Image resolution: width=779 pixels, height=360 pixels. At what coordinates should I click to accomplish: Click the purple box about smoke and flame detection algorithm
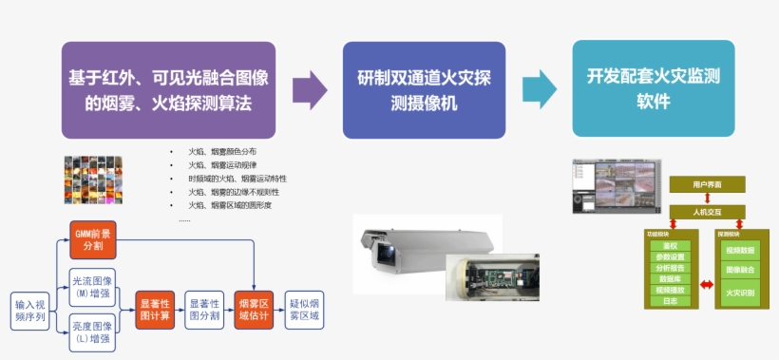pyautogui.click(x=168, y=90)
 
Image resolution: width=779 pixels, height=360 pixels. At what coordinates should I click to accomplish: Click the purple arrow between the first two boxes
pyautogui.click(x=310, y=90)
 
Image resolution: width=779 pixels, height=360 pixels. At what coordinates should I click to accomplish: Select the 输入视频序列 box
pyautogui.click(x=29, y=310)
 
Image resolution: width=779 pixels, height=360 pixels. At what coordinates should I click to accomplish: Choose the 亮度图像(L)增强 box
pyautogui.click(x=93, y=332)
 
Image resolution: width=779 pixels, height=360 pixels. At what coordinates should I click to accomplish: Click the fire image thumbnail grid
pyautogui.click(x=93, y=179)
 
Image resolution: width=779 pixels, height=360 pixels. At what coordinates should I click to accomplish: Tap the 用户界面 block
pyautogui.click(x=707, y=183)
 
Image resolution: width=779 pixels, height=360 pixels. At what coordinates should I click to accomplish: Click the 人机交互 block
pyautogui.click(x=707, y=211)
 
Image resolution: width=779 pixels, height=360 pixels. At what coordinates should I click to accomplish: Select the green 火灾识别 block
pyautogui.click(x=740, y=294)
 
